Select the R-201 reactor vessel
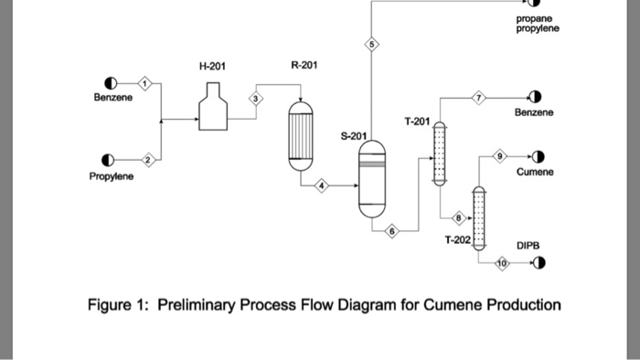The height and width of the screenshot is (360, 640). coord(300,132)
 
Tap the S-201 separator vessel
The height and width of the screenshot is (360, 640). coord(372,178)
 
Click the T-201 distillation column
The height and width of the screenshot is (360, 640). coord(439,155)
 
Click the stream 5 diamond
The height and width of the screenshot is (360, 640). coord(371,46)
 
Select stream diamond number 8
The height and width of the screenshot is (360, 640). coord(460,217)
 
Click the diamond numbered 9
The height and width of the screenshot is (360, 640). coord(499,156)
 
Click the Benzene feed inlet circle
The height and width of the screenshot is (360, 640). coord(110,83)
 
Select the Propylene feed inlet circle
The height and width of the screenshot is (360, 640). coord(110,158)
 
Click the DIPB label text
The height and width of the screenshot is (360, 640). coord(528,246)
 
